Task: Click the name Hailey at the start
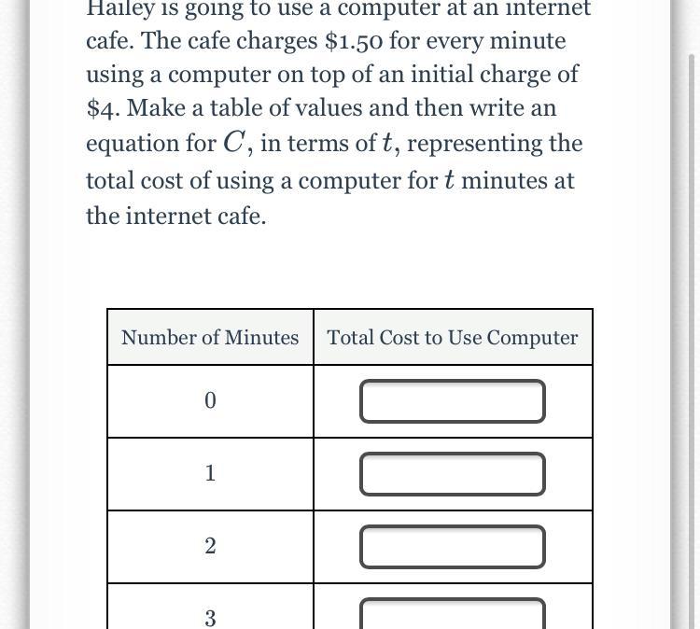(x=119, y=8)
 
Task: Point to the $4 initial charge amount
(x=103, y=109)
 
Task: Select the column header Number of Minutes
(x=210, y=338)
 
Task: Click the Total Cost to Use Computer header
(x=453, y=338)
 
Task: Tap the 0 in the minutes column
(x=209, y=401)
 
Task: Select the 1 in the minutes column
(x=209, y=474)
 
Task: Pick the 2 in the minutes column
(x=209, y=547)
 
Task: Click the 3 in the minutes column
(x=209, y=618)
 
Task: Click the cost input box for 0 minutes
(x=453, y=401)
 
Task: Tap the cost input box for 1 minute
(x=453, y=474)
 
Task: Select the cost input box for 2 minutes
(x=453, y=547)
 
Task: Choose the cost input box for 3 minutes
(x=453, y=614)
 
